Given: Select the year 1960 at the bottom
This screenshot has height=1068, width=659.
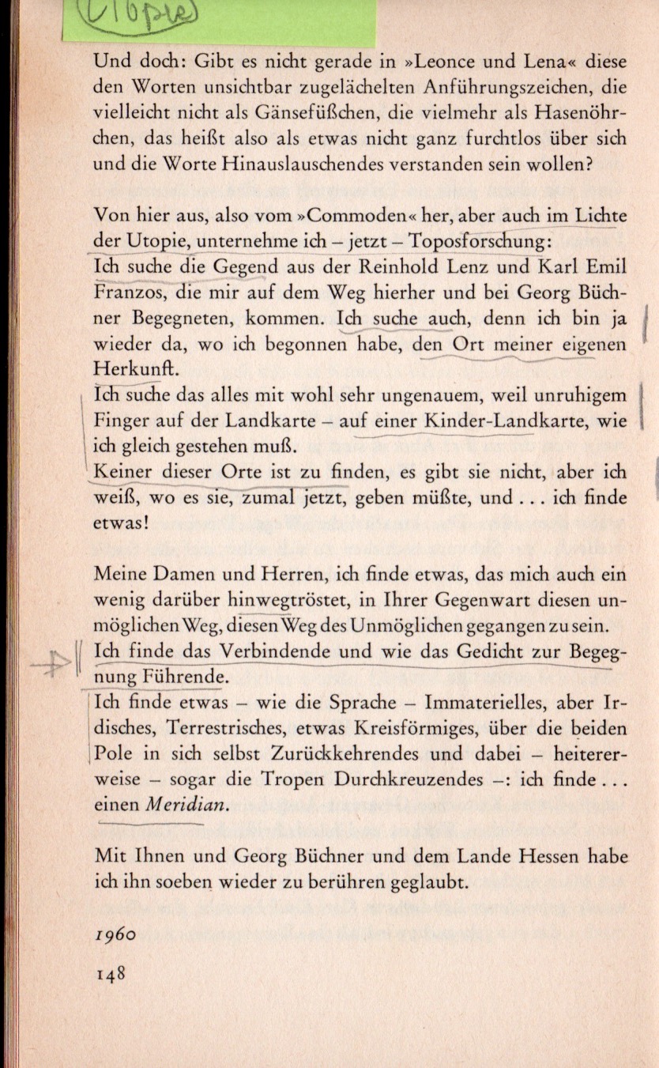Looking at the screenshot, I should click(x=115, y=933).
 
